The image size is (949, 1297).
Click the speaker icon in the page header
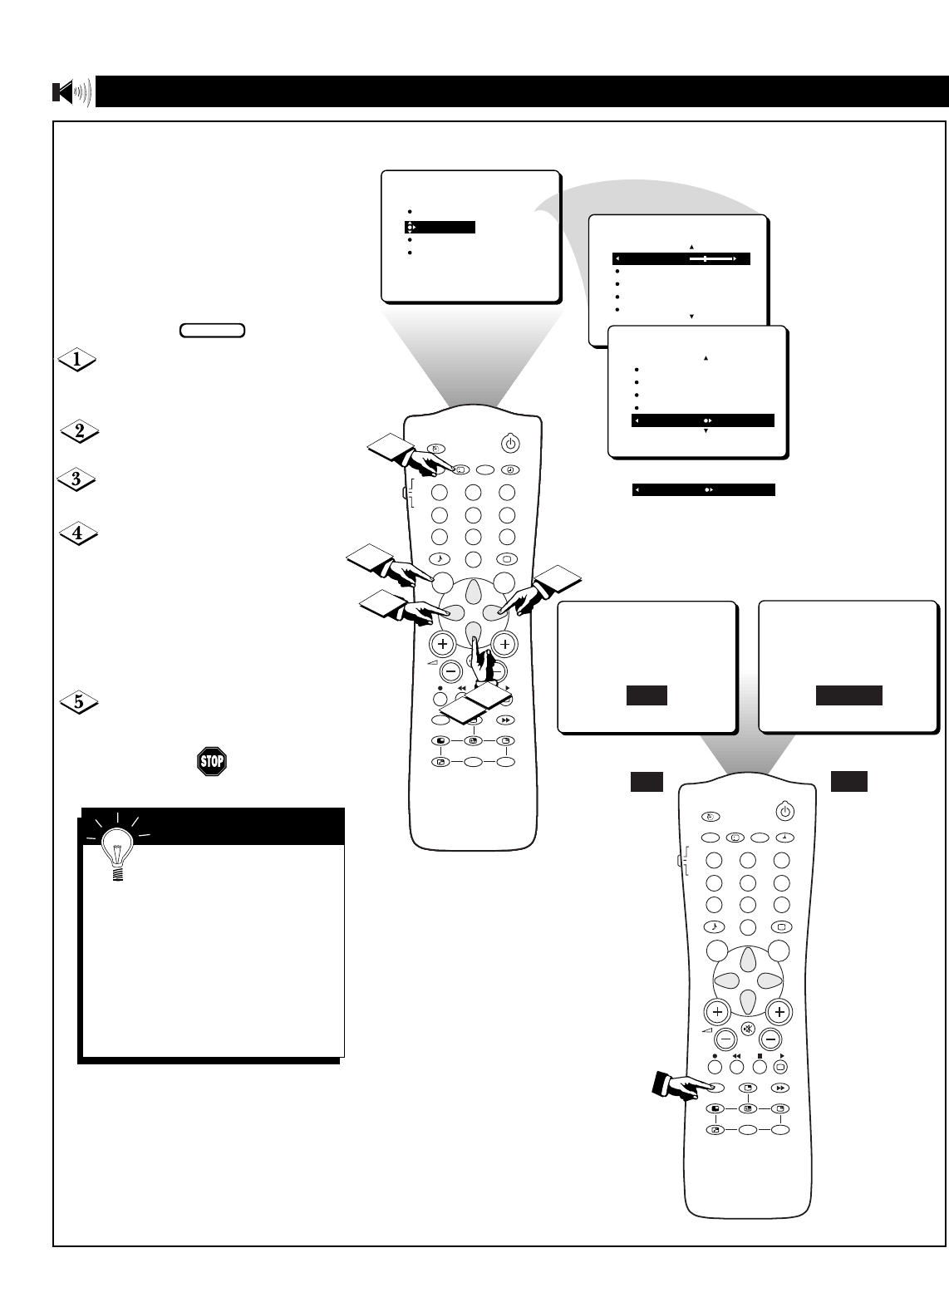[x=71, y=92]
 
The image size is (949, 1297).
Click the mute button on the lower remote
[x=748, y=1028]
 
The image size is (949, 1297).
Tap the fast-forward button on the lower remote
[x=779, y=1088]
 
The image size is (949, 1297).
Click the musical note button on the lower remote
[x=714, y=926]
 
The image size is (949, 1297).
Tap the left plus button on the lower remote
[x=716, y=1012]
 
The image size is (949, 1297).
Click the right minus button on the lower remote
[x=770, y=1039]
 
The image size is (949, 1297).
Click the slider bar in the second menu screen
[x=711, y=259]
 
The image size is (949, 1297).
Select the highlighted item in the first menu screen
[x=440, y=227]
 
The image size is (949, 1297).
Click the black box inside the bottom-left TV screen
[x=647, y=695]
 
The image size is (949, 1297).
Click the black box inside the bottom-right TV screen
[x=848, y=695]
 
